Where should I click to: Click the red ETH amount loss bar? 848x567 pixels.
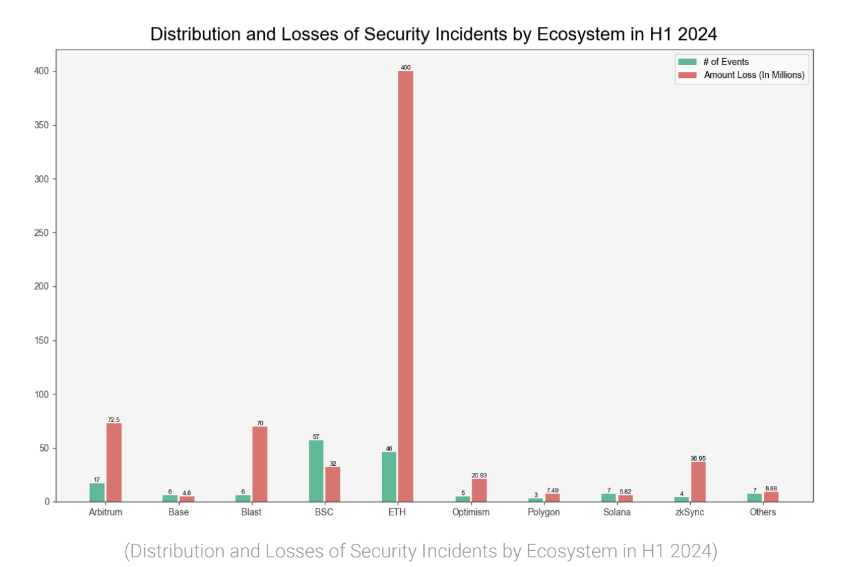coord(406,286)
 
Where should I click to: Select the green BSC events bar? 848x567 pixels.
coord(316,471)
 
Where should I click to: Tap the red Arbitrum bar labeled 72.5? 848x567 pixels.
coord(114,463)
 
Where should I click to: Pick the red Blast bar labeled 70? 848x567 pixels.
coord(260,464)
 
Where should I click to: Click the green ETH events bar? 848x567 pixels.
coord(389,477)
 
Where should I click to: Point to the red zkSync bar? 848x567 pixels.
coord(699,482)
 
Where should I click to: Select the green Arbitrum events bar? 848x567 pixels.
coord(97,492)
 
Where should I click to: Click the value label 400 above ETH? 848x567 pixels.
coord(406,67)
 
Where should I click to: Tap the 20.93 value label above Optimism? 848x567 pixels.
coord(479,476)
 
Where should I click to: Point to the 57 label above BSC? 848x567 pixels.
coord(316,437)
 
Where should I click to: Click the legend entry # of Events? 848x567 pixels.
coord(726,62)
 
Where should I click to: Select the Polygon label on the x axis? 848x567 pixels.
coord(544,513)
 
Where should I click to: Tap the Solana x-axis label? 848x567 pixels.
coord(617,513)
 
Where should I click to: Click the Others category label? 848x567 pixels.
coord(763,513)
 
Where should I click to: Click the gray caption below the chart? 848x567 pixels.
coord(420,551)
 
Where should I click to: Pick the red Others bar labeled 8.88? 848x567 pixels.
coord(771,497)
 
